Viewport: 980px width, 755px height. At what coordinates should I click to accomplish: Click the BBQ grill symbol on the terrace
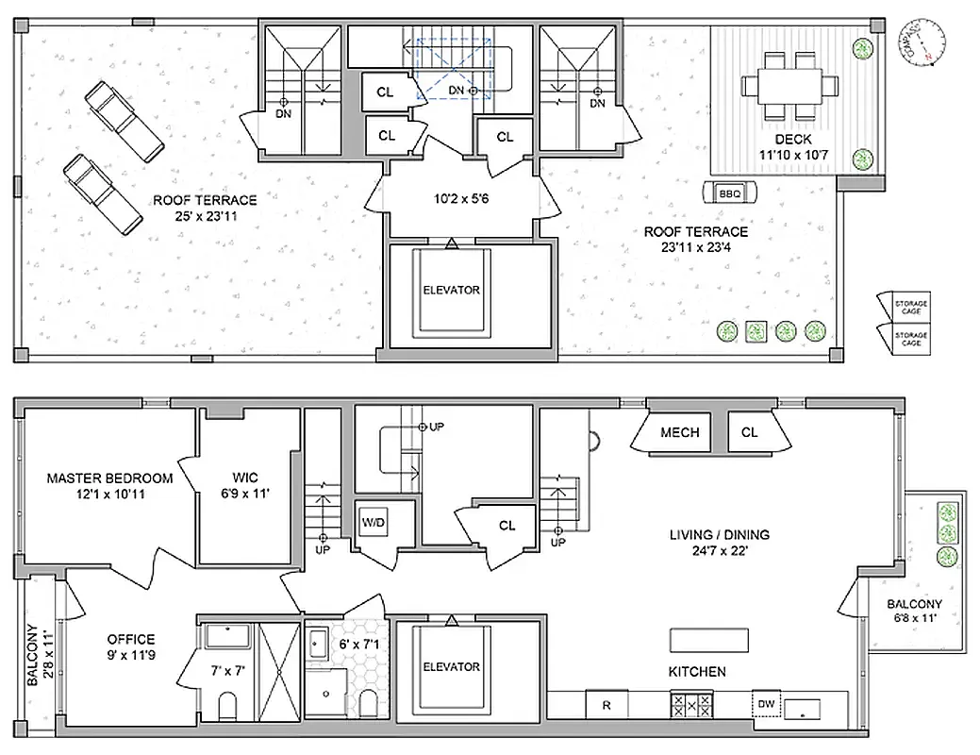[x=729, y=193]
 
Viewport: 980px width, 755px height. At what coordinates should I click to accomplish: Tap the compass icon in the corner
[x=922, y=42]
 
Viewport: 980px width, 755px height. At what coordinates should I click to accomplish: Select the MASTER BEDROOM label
[x=109, y=478]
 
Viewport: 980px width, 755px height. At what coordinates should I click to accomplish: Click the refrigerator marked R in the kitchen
[x=606, y=704]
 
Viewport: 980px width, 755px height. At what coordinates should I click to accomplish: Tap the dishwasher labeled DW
[x=766, y=704]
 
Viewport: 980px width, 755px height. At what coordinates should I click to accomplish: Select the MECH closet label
[x=679, y=432]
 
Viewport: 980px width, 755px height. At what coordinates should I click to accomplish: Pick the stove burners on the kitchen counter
[x=691, y=704]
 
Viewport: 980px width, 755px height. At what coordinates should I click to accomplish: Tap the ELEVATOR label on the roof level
[x=451, y=290]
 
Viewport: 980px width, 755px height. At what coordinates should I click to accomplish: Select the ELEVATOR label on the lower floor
[x=451, y=667]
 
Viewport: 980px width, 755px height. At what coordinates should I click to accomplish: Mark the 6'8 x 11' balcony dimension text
[x=913, y=619]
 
